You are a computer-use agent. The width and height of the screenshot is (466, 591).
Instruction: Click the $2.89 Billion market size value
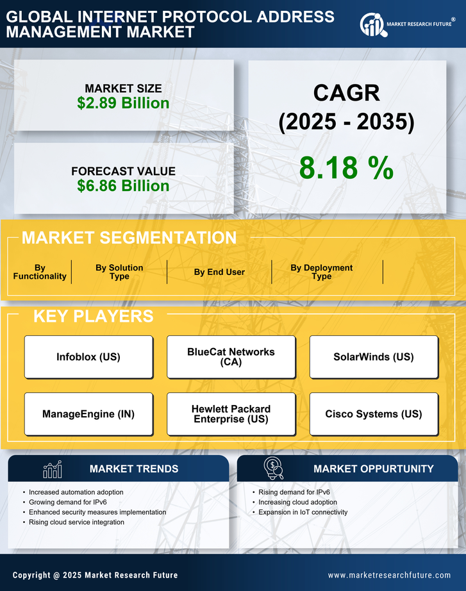(x=123, y=103)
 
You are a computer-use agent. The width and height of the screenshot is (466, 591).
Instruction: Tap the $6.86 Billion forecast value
(x=123, y=186)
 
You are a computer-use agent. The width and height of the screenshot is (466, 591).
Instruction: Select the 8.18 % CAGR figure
(x=346, y=168)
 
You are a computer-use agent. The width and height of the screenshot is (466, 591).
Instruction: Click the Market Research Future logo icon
(x=372, y=24)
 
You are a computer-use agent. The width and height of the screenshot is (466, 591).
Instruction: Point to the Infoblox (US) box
(x=88, y=357)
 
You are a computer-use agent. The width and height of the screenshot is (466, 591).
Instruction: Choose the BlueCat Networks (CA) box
(x=231, y=357)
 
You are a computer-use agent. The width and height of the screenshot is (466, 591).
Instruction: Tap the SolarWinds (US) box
(x=374, y=357)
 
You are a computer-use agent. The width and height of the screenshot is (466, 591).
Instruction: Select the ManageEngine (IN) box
(x=88, y=414)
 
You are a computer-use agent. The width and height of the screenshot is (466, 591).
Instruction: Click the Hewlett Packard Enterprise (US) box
(x=231, y=414)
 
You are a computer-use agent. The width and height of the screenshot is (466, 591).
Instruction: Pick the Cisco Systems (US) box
(x=374, y=414)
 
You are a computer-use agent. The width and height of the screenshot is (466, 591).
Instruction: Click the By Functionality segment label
(x=40, y=272)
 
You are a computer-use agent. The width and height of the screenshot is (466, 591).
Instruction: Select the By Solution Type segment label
(x=119, y=272)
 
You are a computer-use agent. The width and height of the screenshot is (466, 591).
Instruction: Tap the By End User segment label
(x=219, y=272)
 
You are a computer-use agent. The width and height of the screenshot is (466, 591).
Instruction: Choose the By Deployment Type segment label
(x=322, y=272)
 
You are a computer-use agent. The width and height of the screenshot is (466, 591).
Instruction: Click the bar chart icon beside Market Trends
(x=52, y=470)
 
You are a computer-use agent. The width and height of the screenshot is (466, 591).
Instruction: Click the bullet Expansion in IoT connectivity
(x=303, y=512)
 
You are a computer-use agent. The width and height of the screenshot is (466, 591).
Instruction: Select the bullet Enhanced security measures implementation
(x=97, y=512)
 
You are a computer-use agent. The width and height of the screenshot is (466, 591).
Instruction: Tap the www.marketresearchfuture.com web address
(x=389, y=575)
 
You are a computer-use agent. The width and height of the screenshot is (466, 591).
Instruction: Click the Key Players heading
(x=93, y=316)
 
